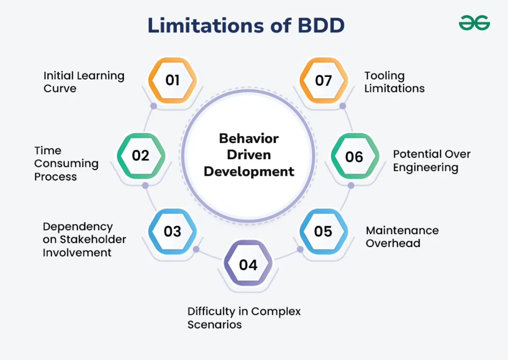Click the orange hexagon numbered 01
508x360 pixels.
click(x=172, y=80)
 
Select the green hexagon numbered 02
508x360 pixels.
click(x=141, y=156)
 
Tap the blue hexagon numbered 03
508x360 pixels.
click(x=172, y=231)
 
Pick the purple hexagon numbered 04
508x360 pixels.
click(x=248, y=264)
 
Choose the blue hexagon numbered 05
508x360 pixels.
click(x=323, y=231)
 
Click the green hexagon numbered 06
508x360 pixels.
click(x=354, y=157)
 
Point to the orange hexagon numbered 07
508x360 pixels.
click(x=323, y=80)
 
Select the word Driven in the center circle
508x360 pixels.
click(x=249, y=155)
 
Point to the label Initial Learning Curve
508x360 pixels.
click(x=84, y=82)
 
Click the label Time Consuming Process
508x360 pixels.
click(x=66, y=163)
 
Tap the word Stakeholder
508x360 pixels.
click(x=93, y=239)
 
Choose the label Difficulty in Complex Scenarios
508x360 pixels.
click(x=244, y=317)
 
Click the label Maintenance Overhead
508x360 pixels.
click(x=402, y=237)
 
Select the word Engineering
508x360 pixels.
click(x=425, y=168)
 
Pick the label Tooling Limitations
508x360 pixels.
click(x=394, y=82)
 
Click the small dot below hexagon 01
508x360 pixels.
click(x=154, y=106)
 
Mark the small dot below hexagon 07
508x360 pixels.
click(x=342, y=106)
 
